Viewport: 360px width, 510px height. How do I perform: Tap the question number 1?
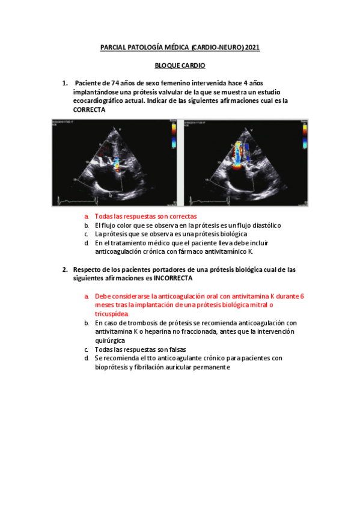click(x=65, y=82)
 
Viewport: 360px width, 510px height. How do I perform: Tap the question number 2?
click(x=65, y=270)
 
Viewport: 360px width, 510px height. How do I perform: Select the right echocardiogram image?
click(x=246, y=162)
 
